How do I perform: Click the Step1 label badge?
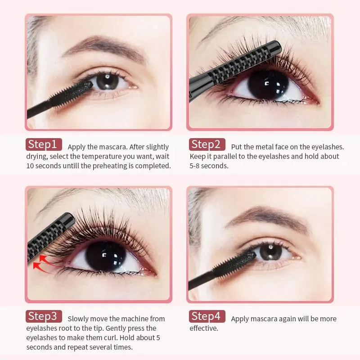coord(44,144)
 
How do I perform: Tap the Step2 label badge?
coord(207,144)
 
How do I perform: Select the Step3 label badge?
coord(44,316)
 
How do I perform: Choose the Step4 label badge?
coord(207,316)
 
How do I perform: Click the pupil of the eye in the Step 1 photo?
coord(108,81)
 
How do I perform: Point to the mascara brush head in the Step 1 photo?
coord(71,94)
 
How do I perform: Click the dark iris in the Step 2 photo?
coord(268,85)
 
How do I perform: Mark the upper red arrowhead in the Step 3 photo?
coord(43,258)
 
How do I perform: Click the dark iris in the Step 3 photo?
coord(106,256)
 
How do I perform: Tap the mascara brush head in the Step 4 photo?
coord(234,265)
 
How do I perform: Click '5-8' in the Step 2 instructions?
coord(195,166)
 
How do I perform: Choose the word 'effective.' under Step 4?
coord(204,328)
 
